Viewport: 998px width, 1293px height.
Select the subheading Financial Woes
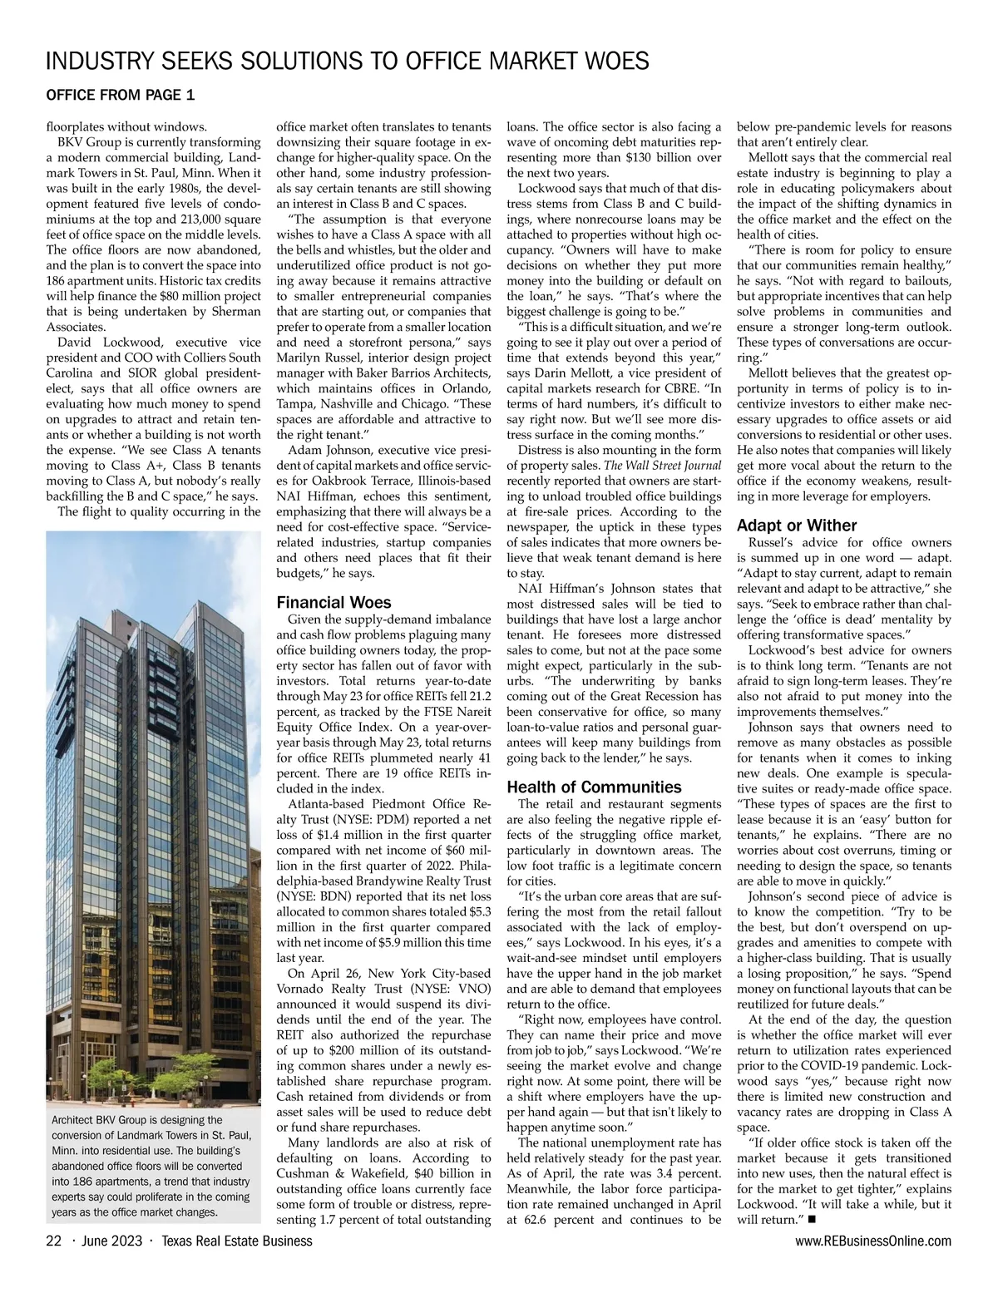click(333, 602)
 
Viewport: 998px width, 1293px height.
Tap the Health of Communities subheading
click(594, 787)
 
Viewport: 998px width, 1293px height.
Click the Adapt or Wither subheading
click(796, 526)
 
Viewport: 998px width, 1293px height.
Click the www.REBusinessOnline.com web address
click(873, 1241)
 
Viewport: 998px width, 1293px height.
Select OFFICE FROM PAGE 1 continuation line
click(121, 96)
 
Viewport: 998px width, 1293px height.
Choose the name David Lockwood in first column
click(106, 342)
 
